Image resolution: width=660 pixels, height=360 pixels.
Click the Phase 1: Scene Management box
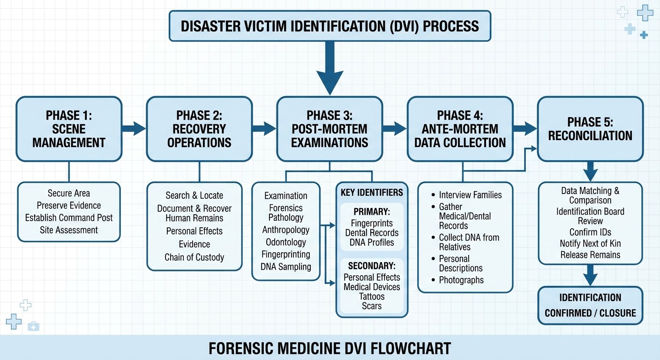[x=69, y=129]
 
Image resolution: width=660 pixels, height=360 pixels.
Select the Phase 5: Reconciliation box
[x=590, y=129]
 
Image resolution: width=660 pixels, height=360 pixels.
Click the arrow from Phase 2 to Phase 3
[x=264, y=128]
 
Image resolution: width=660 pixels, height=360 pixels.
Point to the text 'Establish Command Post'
[x=69, y=218]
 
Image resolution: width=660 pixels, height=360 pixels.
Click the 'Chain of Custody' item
[x=194, y=257]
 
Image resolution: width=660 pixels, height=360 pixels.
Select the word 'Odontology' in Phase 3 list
[x=285, y=242]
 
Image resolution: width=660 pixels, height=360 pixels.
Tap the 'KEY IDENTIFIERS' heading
[x=372, y=193]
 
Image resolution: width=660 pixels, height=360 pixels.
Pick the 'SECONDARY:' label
[x=372, y=265]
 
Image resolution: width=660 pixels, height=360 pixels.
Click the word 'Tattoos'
[x=372, y=297]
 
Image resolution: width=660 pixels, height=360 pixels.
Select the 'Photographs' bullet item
[x=461, y=280]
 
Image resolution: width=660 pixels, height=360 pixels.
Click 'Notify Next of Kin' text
[x=590, y=244]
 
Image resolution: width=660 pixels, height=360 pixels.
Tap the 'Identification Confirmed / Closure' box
[x=590, y=305]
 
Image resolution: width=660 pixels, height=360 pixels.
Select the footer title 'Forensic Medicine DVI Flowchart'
[x=330, y=348]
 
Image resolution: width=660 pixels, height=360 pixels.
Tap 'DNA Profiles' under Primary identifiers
[x=372, y=243]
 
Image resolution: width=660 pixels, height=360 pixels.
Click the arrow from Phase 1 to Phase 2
[x=134, y=128]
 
